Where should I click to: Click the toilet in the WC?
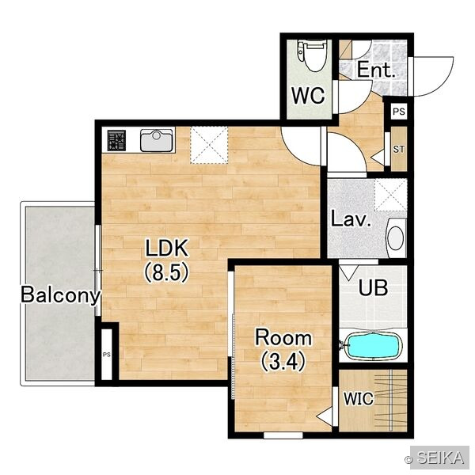coord(312,55)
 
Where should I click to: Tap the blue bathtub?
coord(373,346)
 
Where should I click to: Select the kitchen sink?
coord(156,140)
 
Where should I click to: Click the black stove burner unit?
coord(116,140)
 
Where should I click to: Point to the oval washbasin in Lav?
coord(396,238)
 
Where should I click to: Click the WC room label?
coord(309,96)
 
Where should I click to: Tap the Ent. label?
coord(376,70)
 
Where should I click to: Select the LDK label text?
coord(166,248)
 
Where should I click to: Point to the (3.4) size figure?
coord(283,362)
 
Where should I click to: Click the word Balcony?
coord(60,294)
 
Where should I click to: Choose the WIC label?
coord(359,399)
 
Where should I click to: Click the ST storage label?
coord(399,149)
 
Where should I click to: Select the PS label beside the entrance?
coord(399,112)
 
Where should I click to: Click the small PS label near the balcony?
coord(106,355)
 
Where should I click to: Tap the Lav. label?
coord(351,219)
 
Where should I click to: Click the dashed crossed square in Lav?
coord(391,195)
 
